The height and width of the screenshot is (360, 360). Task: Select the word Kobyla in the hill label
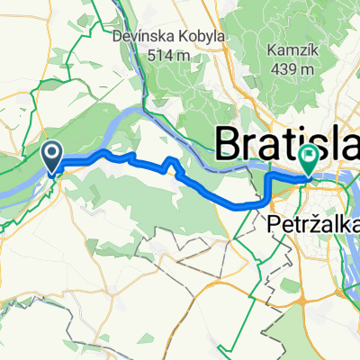[x=193, y=37]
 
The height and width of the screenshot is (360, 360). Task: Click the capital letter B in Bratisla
[x=229, y=141]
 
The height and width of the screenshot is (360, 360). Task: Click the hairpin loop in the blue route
[x=170, y=164]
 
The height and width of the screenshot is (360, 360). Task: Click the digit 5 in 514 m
[x=150, y=55]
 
